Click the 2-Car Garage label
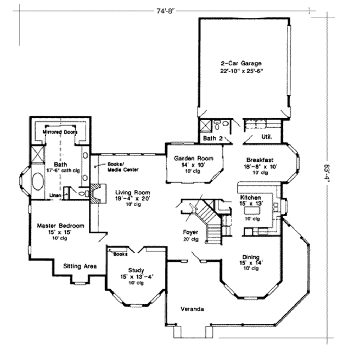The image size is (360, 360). pos(241,64)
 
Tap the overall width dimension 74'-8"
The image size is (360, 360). pos(165,11)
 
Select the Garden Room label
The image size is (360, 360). pos(194,158)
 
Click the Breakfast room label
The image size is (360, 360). pos(260,160)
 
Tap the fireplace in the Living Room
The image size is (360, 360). pos(95,193)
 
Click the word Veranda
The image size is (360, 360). pos(192,309)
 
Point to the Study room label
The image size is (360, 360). pos(136,270)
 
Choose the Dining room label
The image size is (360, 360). pos(251,257)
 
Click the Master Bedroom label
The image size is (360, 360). pos(60,226)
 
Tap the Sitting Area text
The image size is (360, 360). pos(80,266)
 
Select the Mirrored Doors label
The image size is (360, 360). pos(60,132)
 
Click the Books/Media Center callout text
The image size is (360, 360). pos(123,167)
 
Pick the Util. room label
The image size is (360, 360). pos(266,136)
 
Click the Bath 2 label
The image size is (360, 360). pos(213,139)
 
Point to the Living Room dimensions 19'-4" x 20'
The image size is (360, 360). pos(133,198)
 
